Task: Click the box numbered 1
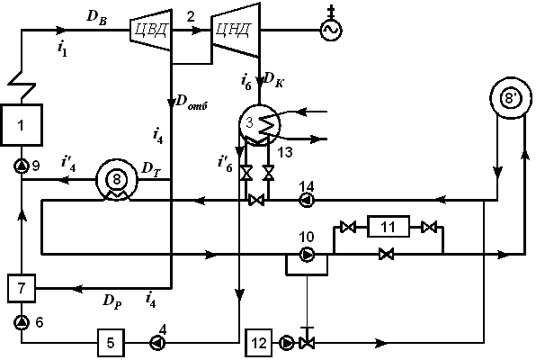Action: point(22,125)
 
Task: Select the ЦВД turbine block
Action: point(150,30)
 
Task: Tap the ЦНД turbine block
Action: point(236,30)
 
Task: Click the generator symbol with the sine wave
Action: point(331,30)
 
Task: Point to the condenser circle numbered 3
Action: point(259,124)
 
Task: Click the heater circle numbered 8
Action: point(117,180)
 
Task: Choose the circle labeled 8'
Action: point(511,99)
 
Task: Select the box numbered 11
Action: point(389,227)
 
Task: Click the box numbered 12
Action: point(259,343)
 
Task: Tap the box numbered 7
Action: point(22,288)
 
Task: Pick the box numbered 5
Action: point(111,343)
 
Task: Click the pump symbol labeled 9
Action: point(22,166)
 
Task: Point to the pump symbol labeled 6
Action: point(22,322)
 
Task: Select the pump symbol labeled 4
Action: point(157,343)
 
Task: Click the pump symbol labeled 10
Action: point(307,255)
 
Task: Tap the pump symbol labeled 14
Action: point(307,200)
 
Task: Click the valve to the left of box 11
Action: point(348,227)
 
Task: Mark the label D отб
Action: point(192,102)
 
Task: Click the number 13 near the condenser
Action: point(285,152)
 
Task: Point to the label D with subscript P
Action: point(112,301)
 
